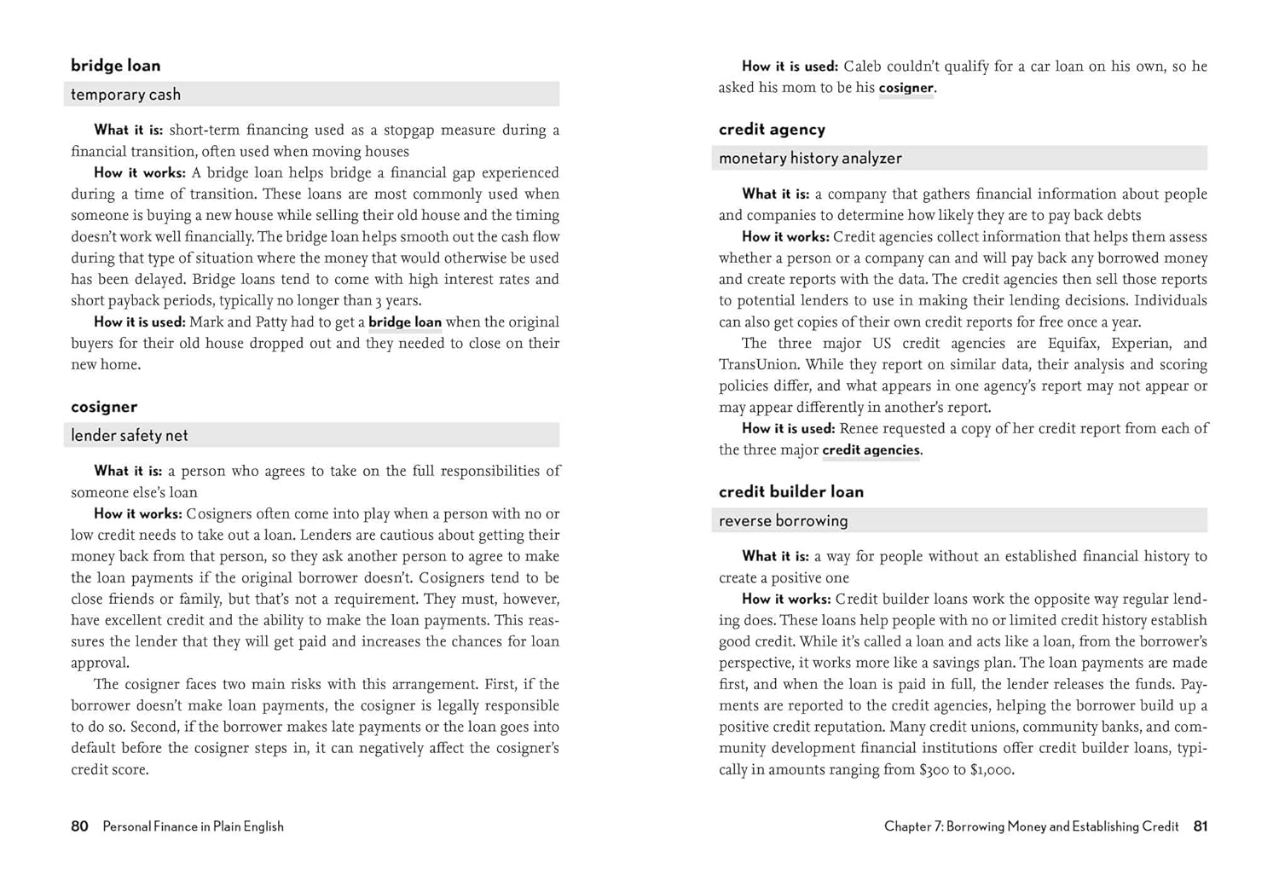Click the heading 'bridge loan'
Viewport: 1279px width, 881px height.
coord(115,66)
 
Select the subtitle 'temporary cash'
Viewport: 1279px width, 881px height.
coord(125,95)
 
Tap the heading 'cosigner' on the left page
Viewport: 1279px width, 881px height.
coord(104,407)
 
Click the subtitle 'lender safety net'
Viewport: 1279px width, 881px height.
coord(129,436)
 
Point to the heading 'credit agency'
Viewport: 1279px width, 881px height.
coord(772,130)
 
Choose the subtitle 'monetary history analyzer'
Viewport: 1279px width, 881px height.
coord(810,159)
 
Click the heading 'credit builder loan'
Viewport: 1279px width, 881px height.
coord(791,492)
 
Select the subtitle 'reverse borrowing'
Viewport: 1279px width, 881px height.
coord(783,521)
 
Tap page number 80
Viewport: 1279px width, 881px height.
coord(79,826)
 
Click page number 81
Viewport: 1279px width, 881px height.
coord(1201,826)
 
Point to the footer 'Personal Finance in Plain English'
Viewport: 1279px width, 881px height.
coord(193,826)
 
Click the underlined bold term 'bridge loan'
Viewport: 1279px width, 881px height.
coord(405,322)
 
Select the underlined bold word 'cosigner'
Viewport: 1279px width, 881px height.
coord(906,88)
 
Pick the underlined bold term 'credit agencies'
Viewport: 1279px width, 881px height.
coord(871,450)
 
